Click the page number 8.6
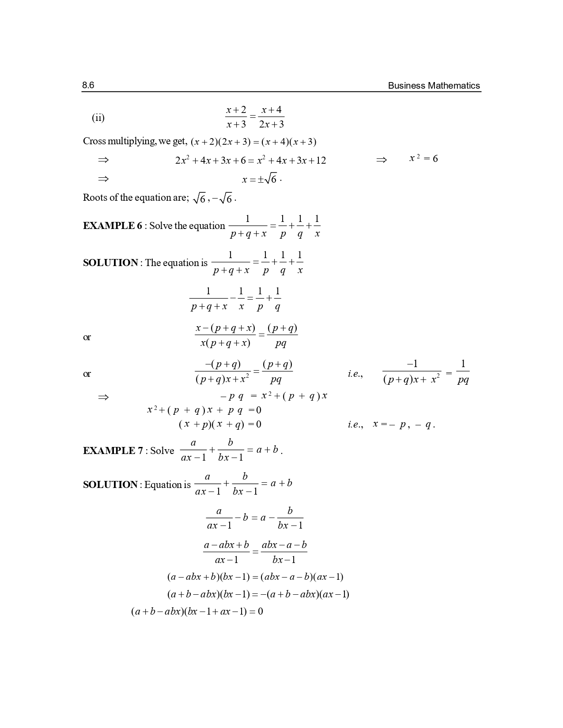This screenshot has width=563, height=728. tap(88, 85)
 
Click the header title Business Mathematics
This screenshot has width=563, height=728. tap(434, 86)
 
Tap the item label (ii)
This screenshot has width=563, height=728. tap(98, 118)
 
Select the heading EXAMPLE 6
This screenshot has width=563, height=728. tap(112, 226)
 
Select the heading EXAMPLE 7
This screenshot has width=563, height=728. tap(113, 450)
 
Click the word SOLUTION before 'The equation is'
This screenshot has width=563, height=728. tap(110, 263)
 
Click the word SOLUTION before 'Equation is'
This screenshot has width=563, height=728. tap(110, 484)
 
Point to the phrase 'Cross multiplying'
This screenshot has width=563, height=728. tap(119, 142)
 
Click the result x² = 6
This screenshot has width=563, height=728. tap(423, 159)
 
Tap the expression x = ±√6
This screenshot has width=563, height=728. tap(261, 179)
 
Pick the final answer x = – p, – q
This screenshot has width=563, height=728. tap(404, 424)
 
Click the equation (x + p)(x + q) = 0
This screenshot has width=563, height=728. tap(220, 424)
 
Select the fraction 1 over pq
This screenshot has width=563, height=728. tap(463, 372)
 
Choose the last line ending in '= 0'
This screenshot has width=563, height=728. tap(197, 612)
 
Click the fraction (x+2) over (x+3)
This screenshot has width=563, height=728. tap(236, 117)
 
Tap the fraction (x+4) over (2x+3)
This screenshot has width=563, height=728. tap(271, 117)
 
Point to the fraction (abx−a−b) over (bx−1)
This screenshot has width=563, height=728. tap(284, 552)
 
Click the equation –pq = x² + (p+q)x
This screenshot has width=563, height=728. tap(274, 396)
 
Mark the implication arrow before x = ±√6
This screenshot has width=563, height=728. tap(103, 179)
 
